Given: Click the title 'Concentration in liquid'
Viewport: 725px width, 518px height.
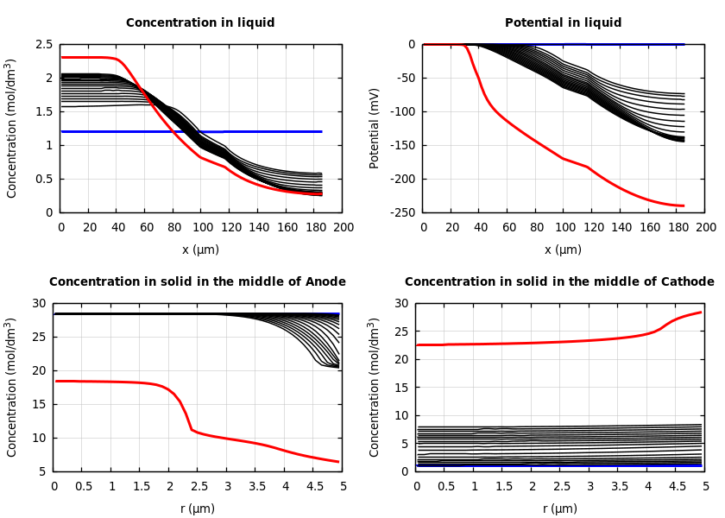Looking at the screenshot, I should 200,23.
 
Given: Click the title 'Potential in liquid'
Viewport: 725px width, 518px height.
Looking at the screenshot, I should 563,23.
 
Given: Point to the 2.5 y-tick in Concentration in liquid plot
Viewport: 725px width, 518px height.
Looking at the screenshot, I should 43,45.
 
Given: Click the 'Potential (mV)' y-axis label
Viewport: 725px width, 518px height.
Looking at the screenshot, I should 375,128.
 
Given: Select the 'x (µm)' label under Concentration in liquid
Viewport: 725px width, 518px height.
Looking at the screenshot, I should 200,250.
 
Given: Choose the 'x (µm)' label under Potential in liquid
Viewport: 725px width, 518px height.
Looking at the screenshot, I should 563,250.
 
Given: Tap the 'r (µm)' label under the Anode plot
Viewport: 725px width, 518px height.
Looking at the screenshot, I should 198,509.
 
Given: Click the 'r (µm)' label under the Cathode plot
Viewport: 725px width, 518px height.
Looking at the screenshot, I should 560,509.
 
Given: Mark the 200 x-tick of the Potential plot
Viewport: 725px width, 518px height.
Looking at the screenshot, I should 706,227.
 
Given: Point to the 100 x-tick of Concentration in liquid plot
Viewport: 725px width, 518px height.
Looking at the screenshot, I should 202,227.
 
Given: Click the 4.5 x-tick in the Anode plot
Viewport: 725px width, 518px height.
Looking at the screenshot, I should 314,486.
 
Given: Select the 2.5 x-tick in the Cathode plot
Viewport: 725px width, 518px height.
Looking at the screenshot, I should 561,486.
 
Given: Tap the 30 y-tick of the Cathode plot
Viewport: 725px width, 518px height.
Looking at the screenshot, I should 401,304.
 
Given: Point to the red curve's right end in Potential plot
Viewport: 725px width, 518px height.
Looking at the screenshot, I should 683,205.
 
